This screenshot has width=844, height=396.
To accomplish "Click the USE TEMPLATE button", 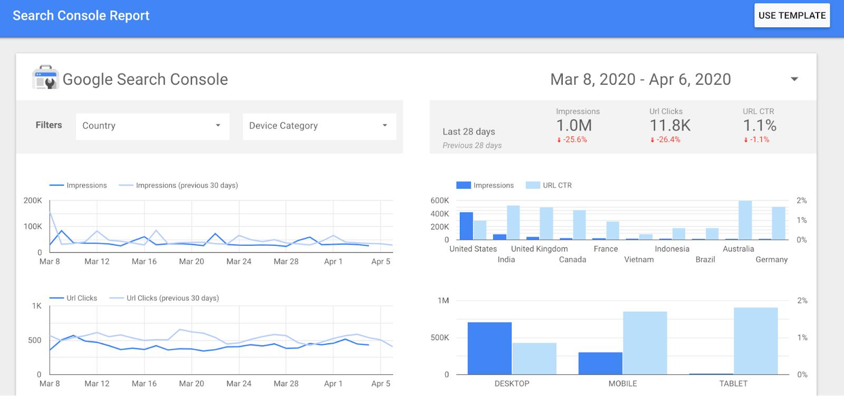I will pos(792,16).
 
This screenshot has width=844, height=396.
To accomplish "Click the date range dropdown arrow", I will pos(794,79).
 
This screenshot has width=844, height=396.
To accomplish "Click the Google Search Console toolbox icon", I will pos(45,78).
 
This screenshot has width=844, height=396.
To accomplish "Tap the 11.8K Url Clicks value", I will pos(670,125).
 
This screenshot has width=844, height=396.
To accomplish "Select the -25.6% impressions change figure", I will pos(572,140).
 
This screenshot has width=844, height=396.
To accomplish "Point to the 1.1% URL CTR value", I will pos(760,125).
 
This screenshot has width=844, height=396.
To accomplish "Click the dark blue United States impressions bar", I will pos(466,226).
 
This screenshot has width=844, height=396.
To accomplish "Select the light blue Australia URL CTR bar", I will pos(745,220).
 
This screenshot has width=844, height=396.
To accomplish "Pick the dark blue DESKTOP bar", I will pos(490,348).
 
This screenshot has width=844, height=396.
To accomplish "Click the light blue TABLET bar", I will pos(755,341).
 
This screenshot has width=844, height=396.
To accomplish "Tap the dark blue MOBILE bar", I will pos(600,363).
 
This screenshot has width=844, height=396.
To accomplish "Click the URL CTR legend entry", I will pos(557,185).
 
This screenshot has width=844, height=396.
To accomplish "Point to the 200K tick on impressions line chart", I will pos(33,200).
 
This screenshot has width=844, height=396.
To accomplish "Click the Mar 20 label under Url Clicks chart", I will pos(191,383).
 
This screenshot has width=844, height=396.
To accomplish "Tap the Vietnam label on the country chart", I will pos(639,259).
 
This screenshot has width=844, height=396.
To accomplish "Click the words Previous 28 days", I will pos(472,146).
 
